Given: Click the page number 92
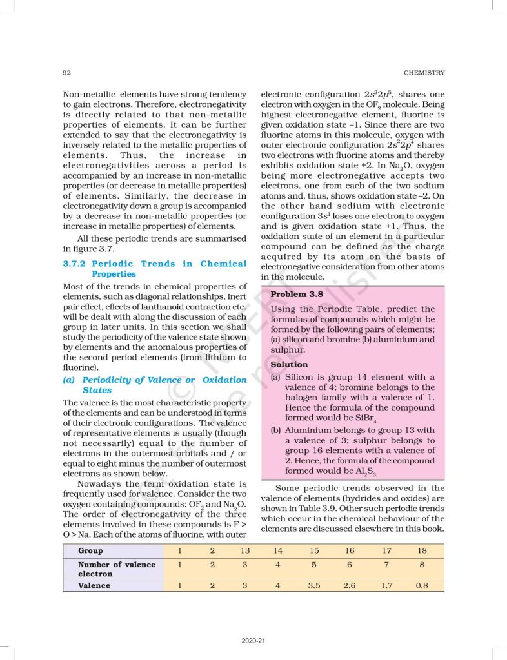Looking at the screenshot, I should point(66,73).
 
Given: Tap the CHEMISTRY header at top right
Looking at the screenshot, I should point(423,73).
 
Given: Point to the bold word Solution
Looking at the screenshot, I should point(289,364).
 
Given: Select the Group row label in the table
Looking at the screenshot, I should point(90,551).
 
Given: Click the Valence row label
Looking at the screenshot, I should point(94,585).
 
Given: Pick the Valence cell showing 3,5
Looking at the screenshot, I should point(314,585).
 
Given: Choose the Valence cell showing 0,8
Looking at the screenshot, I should point(422,585).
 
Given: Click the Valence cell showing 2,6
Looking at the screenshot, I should point(350,585).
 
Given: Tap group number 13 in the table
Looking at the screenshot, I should point(245,551).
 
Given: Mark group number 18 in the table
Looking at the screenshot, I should point(422,551).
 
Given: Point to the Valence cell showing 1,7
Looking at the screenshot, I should point(386,585).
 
